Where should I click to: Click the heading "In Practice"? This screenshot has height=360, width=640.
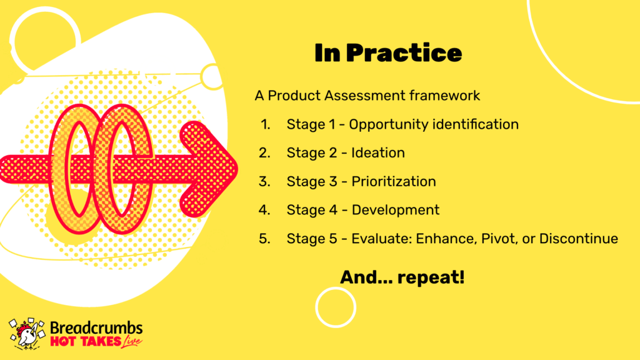pos(387,53)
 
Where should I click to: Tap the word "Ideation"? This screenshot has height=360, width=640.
pos(378,152)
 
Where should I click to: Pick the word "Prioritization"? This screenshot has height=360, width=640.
pos(394,181)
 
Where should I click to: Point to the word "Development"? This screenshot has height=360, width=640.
pos(396,210)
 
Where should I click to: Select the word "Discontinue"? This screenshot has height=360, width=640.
pos(578,238)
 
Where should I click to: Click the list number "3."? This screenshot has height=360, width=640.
pos(264,181)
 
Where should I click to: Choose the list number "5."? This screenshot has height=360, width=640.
pos(264,238)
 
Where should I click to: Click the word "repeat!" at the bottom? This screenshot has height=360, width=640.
pos(431,277)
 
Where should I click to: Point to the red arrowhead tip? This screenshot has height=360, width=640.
pos(237,169)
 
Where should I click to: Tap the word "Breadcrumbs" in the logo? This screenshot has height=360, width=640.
pos(96,328)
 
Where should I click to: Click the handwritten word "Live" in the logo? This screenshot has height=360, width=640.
pos(131,341)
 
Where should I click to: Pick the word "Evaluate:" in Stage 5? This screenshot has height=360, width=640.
pos(381,238)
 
